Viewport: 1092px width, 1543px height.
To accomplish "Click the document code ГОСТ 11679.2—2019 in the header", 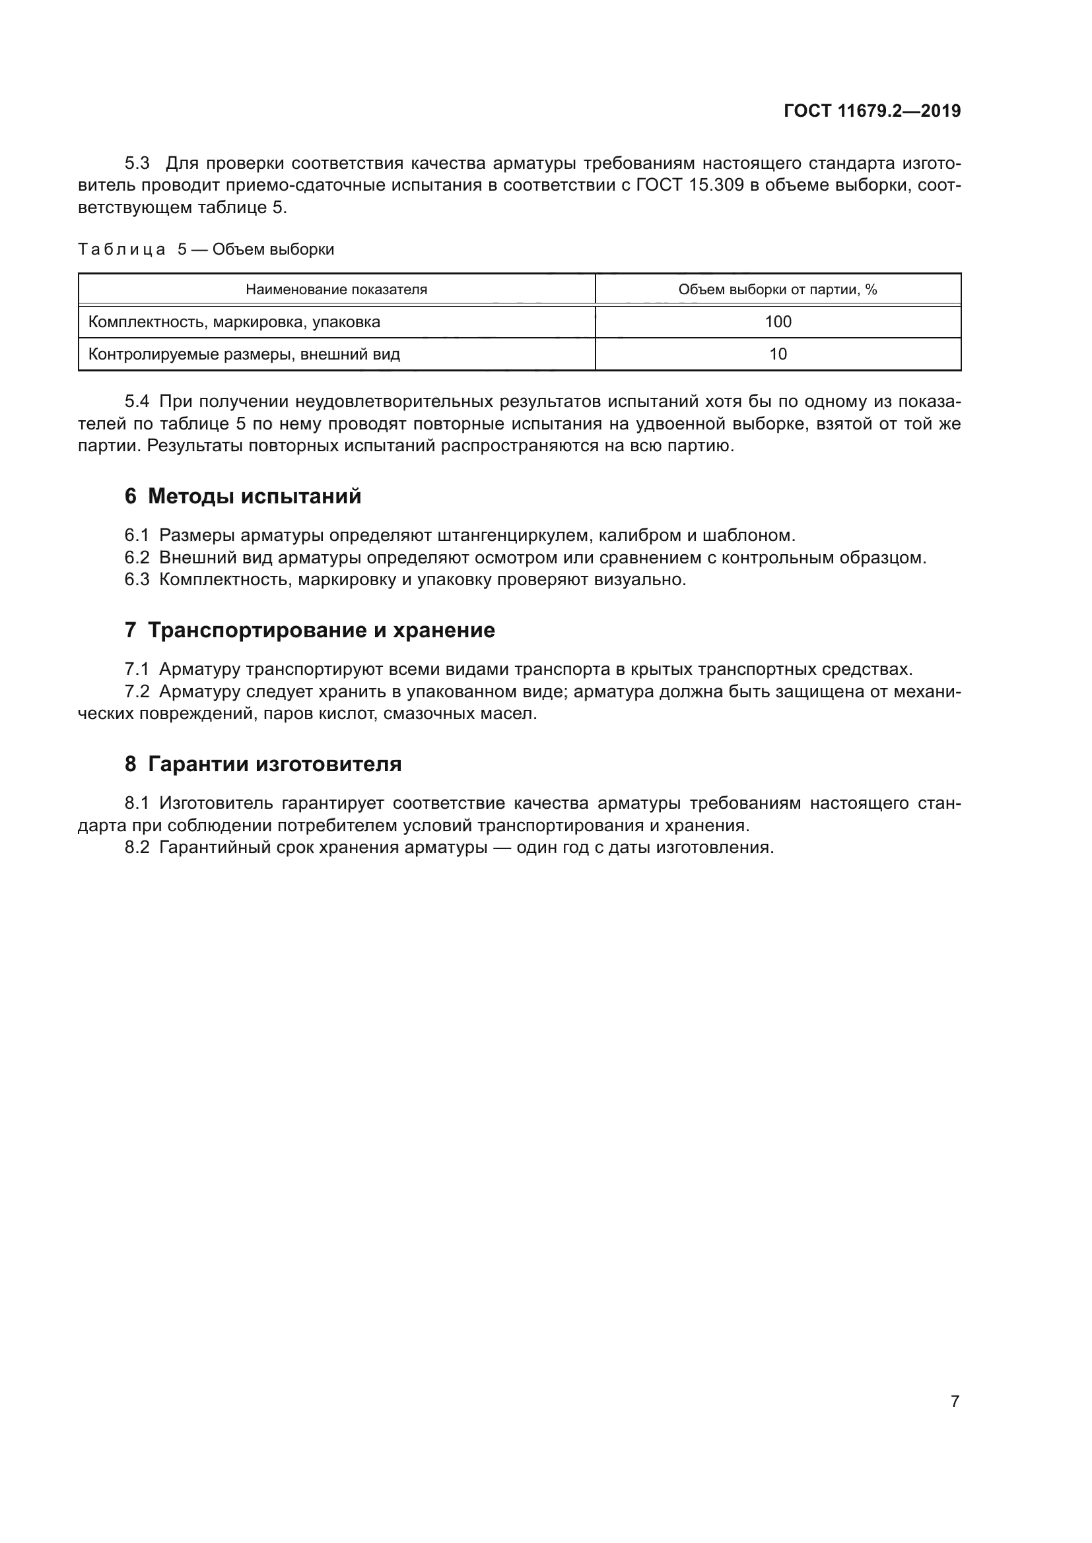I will [x=871, y=111].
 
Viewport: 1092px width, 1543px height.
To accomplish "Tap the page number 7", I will [x=954, y=1401].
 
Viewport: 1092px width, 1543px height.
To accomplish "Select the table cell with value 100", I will [x=777, y=322].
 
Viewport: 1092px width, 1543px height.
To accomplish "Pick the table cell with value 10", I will [x=777, y=354].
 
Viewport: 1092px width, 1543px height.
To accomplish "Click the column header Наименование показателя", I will [x=336, y=290].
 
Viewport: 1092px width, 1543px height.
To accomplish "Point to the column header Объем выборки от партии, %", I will [x=777, y=290].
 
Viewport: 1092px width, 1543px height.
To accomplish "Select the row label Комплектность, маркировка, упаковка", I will [x=234, y=322].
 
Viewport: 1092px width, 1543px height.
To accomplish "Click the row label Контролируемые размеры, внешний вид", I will [x=244, y=354].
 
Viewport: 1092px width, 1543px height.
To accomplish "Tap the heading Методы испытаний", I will [x=254, y=497].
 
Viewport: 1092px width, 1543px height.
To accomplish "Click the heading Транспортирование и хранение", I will [x=321, y=631].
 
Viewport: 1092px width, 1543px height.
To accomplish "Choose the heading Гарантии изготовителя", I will [x=275, y=764].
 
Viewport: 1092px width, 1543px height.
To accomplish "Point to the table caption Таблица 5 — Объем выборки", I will [x=206, y=249].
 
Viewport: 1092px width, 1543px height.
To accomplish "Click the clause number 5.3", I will [x=137, y=164].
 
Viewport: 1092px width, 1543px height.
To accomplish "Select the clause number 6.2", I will [x=137, y=558].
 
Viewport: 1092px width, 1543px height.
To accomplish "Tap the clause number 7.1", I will [x=137, y=670].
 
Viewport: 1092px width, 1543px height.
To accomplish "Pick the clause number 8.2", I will [x=137, y=848].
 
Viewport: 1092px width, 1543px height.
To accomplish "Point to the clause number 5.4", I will [x=137, y=402].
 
